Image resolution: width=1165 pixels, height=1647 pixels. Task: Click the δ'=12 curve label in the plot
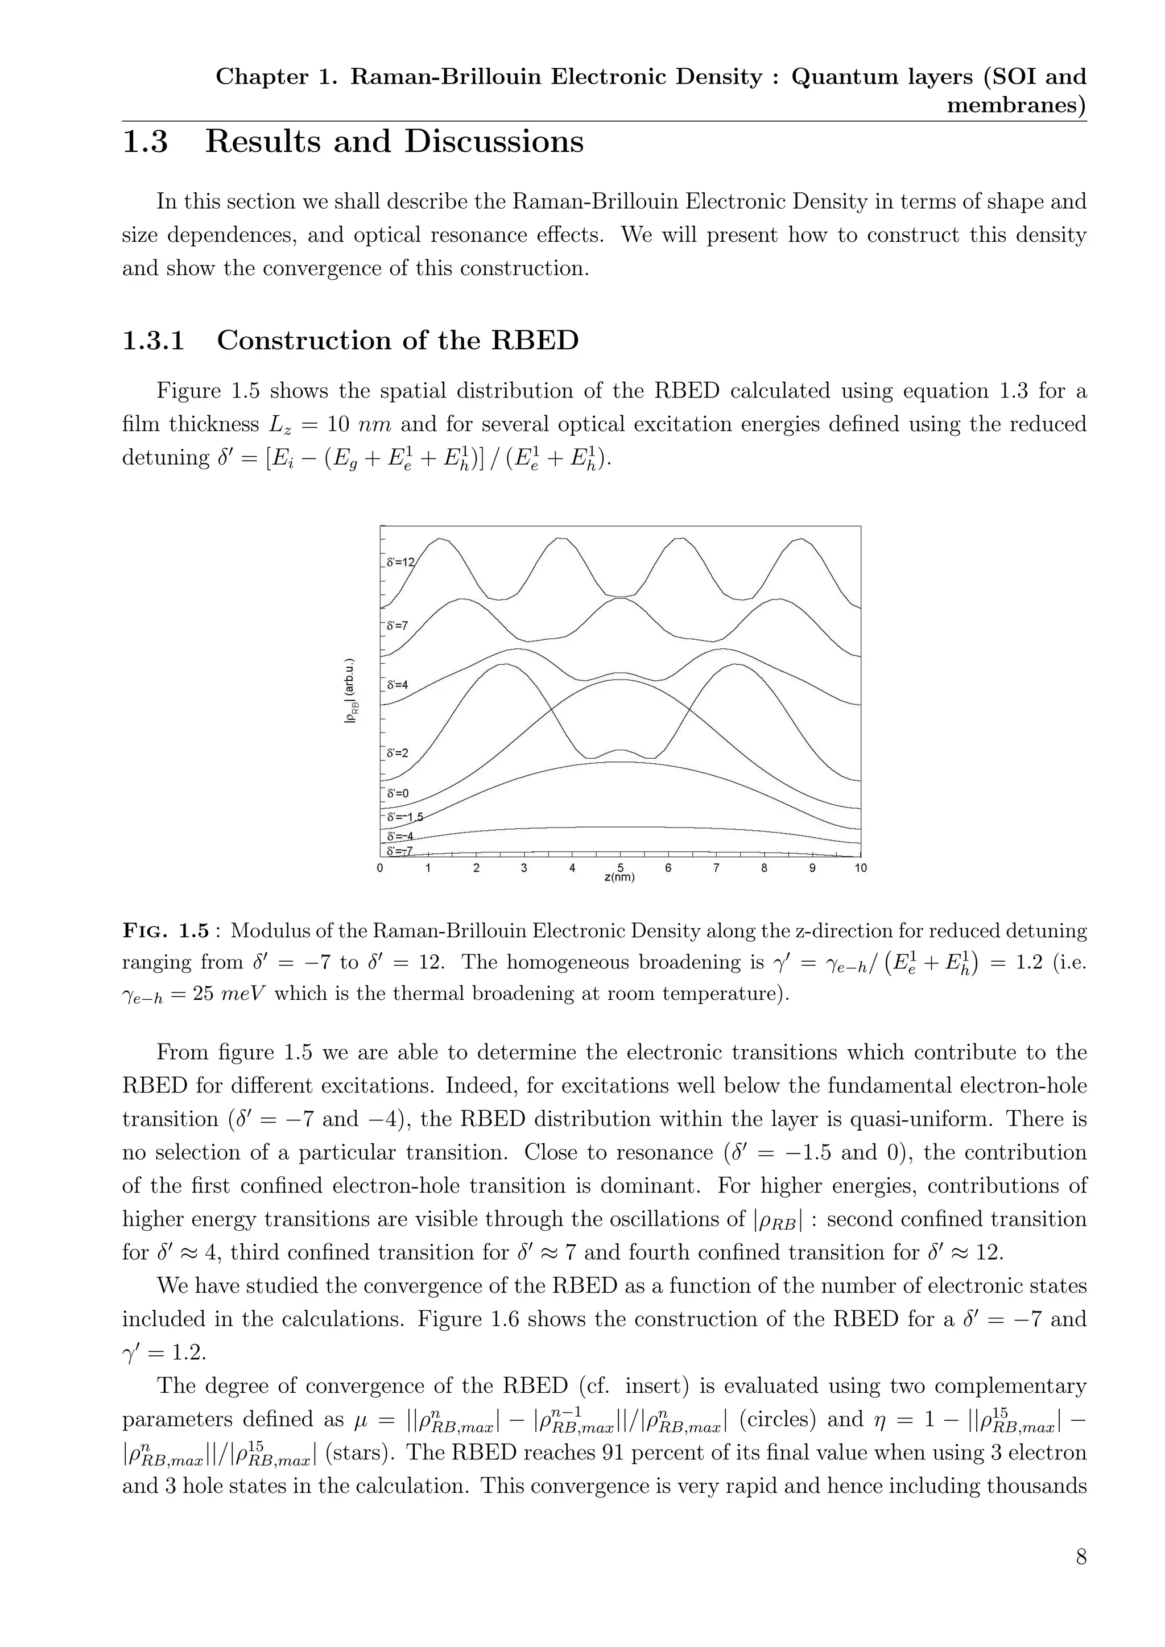tap(399, 562)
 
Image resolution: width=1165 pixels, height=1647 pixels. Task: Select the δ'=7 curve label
tap(396, 626)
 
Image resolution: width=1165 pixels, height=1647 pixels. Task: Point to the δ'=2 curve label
tap(396, 753)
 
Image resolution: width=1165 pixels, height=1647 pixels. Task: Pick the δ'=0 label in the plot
tap(396, 793)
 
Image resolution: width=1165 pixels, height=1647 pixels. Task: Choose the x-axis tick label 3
tap(524, 868)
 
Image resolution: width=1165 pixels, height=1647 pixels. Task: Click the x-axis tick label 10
tap(860, 868)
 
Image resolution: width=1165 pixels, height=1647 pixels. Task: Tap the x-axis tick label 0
tap(380, 868)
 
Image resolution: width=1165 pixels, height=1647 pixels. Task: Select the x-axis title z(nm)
tap(620, 878)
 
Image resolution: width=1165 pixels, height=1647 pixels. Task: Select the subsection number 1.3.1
tap(154, 340)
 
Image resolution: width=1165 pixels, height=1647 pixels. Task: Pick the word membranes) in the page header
tap(1016, 105)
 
